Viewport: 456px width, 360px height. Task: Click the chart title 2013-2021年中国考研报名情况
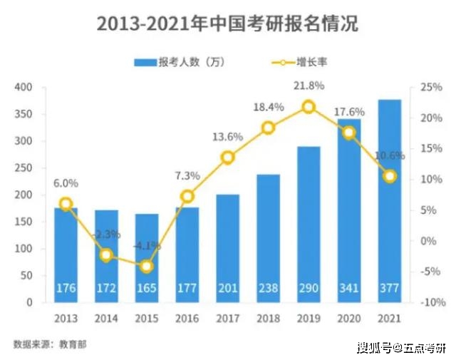pyautogui.click(x=227, y=24)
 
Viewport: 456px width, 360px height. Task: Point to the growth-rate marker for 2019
pyautogui.click(x=309, y=107)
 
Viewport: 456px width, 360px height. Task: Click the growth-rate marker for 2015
pyautogui.click(x=147, y=266)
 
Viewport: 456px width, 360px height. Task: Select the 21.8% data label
pyautogui.click(x=309, y=86)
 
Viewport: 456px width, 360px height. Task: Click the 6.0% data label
pyautogui.click(x=66, y=182)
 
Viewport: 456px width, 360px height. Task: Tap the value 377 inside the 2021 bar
pyautogui.click(x=389, y=289)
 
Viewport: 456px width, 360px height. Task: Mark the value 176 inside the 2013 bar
pyautogui.click(x=66, y=289)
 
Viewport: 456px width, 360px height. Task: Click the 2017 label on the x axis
pyautogui.click(x=227, y=318)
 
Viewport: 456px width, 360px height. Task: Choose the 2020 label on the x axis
pyautogui.click(x=349, y=318)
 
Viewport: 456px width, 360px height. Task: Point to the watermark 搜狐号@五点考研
pyautogui.click(x=401, y=347)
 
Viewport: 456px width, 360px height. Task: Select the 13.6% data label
pyautogui.click(x=227, y=137)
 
